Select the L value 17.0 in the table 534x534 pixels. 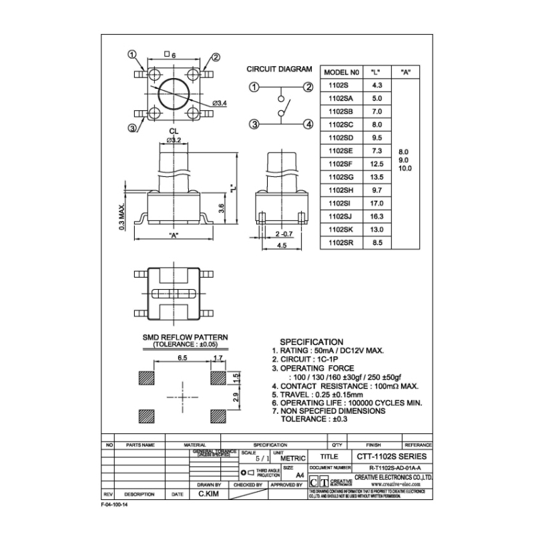(x=376, y=203)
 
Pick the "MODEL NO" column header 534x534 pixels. (x=341, y=72)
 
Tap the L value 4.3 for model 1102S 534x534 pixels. (x=376, y=85)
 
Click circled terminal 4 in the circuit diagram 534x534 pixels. (x=308, y=123)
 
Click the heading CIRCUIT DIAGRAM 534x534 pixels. (x=280, y=69)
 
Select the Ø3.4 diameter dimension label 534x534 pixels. (x=220, y=102)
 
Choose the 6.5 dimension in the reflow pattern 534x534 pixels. (x=182, y=358)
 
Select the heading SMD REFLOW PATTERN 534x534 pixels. (x=185, y=338)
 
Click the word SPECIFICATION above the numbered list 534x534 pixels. (x=311, y=342)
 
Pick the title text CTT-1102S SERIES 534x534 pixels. (x=394, y=457)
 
